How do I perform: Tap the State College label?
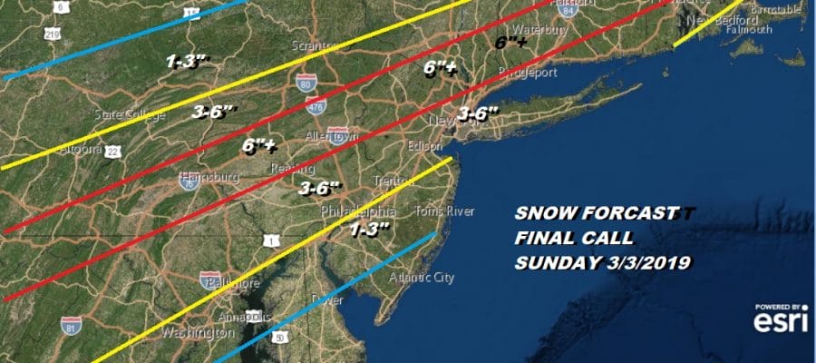[x=130, y=114]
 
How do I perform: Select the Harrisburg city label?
[x=209, y=176]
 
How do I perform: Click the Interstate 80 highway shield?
[x=306, y=84]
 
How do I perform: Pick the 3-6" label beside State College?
[x=215, y=112]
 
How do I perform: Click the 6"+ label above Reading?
[x=259, y=145]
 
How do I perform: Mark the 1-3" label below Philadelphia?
[x=370, y=227]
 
